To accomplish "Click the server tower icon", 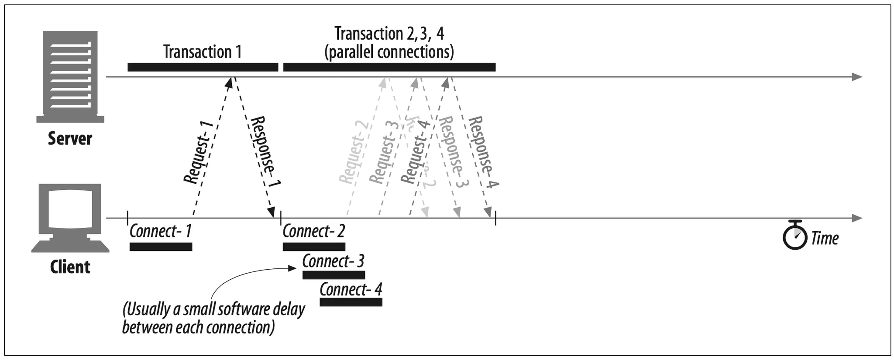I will (70, 77).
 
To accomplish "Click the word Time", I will (825, 238).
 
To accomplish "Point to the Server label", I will (70, 139).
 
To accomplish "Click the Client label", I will (70, 267).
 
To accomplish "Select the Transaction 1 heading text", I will (202, 51).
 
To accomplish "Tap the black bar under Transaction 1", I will (203, 67).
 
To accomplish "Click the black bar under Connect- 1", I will (161, 247).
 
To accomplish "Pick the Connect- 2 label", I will (313, 231).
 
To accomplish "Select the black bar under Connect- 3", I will (334, 275).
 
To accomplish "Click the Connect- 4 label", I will (351, 289).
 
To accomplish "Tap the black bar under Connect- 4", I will (351, 302).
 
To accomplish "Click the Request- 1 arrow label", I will (199, 153).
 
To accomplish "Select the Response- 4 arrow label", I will (483, 153).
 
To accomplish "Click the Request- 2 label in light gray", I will (354, 153).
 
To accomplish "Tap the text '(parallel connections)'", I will (389, 52).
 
